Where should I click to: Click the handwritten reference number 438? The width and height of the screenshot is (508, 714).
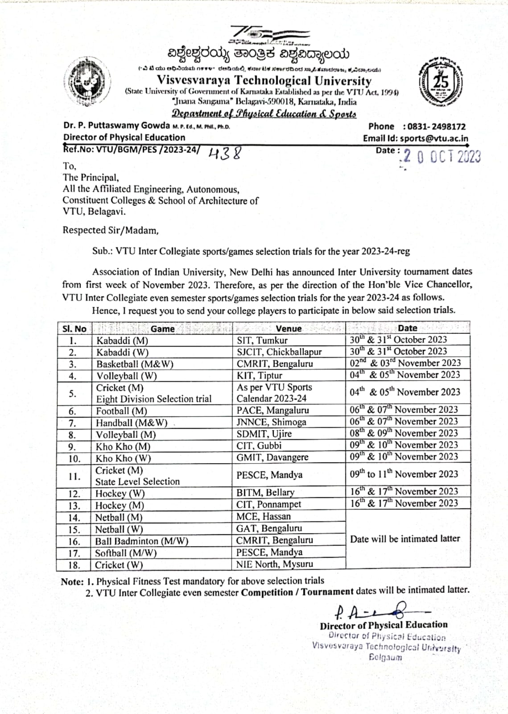click(225, 153)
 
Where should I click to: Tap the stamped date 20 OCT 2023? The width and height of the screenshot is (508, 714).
click(441, 157)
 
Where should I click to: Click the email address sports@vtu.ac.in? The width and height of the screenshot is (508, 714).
click(434, 138)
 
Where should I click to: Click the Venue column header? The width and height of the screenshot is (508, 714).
click(289, 328)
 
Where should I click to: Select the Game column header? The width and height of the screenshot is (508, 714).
click(162, 329)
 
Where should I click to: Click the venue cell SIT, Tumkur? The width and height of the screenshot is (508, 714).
click(262, 340)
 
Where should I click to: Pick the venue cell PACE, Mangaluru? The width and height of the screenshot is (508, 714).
click(273, 410)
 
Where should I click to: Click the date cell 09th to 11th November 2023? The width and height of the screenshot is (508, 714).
click(404, 474)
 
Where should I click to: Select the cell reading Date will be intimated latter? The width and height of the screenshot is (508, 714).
click(405, 539)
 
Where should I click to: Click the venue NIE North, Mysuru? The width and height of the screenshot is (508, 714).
click(274, 564)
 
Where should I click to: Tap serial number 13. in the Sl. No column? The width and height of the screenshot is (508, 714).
click(74, 506)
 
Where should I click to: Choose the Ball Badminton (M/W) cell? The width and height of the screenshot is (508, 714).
click(141, 541)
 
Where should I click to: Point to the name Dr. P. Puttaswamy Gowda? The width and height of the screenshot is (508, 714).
click(116, 125)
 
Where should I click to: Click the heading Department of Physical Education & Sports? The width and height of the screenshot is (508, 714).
click(264, 114)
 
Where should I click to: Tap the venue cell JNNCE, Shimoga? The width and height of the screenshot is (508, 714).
click(271, 422)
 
